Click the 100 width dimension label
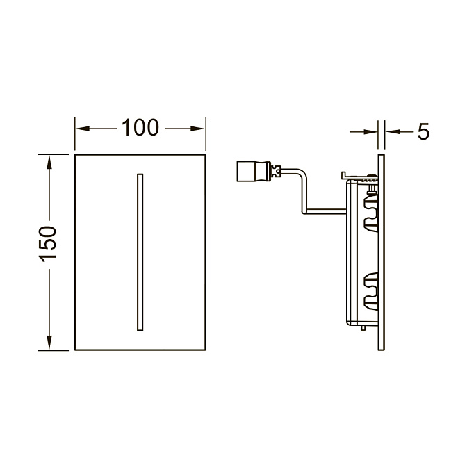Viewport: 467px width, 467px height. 140,128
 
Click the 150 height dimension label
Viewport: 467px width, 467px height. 48,244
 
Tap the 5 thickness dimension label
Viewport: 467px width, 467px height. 423,131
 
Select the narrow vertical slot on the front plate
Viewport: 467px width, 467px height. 140,252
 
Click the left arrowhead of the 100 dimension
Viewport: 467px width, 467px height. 83,129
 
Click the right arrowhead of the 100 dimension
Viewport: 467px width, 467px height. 197,129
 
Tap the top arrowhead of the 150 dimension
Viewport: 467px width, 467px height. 49,163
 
